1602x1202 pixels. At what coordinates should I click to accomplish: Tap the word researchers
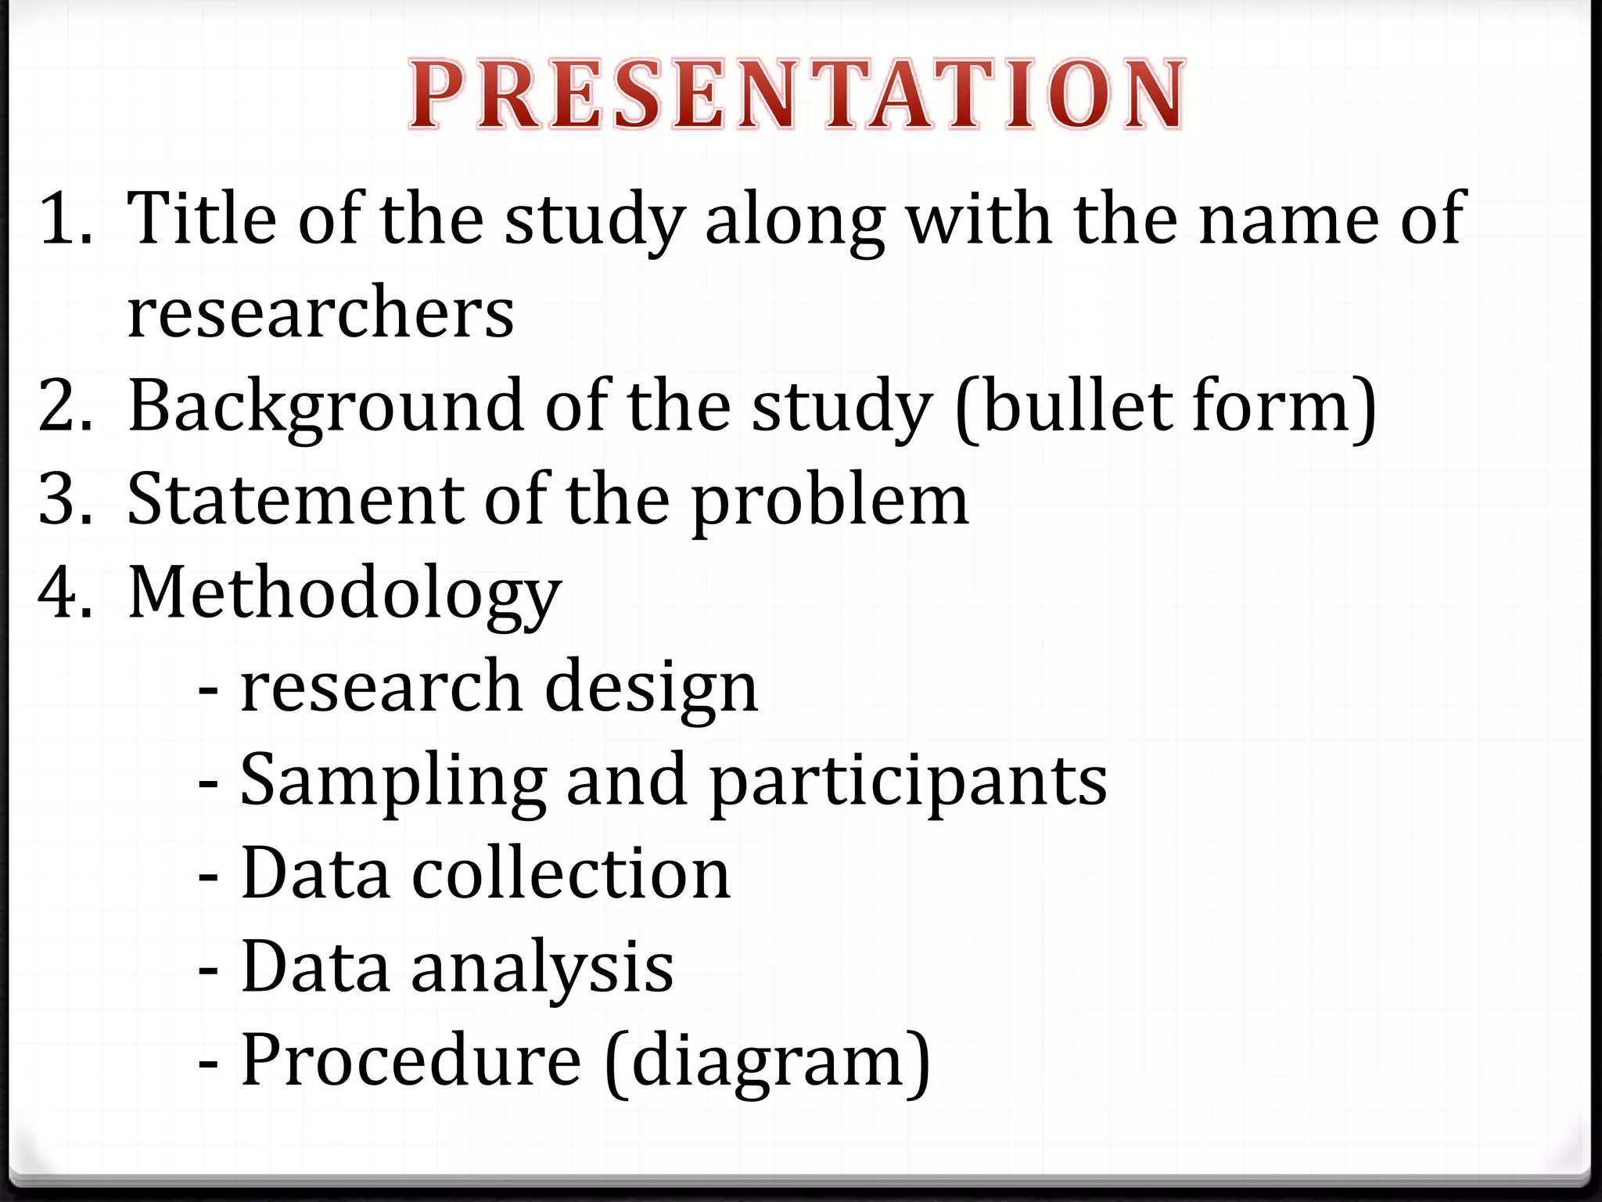321,313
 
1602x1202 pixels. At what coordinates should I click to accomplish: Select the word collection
571,873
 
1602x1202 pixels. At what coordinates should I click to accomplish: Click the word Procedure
411,1060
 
